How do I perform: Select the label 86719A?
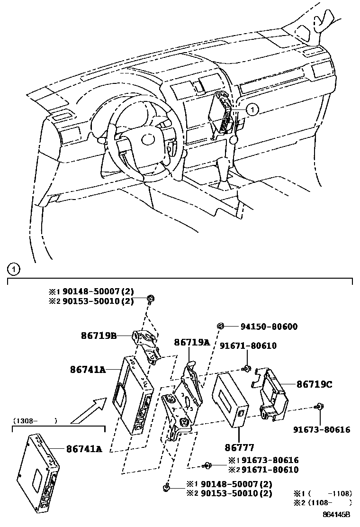tap(191, 342)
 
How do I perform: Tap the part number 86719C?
tap(314, 384)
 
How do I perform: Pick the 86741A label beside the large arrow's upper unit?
tap(87, 370)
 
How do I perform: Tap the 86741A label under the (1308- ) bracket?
tap(84, 448)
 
